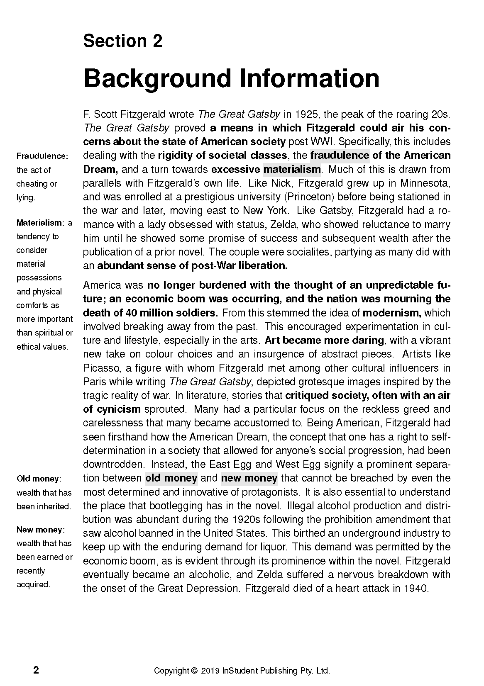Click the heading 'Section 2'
(123, 41)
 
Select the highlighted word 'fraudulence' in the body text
(340, 156)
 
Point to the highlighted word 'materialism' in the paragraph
(292, 170)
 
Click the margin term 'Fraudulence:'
(42, 156)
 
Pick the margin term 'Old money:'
(39, 479)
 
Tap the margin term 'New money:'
(41, 530)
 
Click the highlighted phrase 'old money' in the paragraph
(171, 478)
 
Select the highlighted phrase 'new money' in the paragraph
(249, 478)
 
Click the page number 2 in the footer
(36, 670)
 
